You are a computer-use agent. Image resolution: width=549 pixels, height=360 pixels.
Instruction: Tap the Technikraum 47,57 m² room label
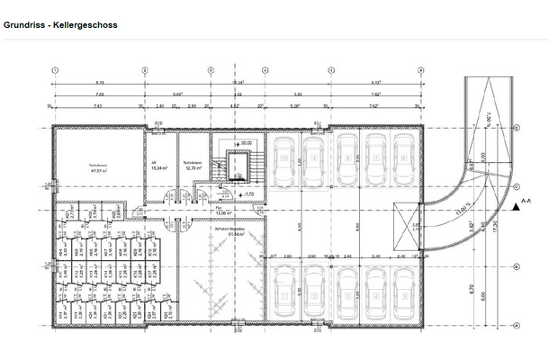(x=99, y=167)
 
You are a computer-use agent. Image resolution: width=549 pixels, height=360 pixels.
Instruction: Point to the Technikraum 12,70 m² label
(x=193, y=165)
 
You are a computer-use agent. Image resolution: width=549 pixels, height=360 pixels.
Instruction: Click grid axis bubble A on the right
(x=517, y=325)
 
